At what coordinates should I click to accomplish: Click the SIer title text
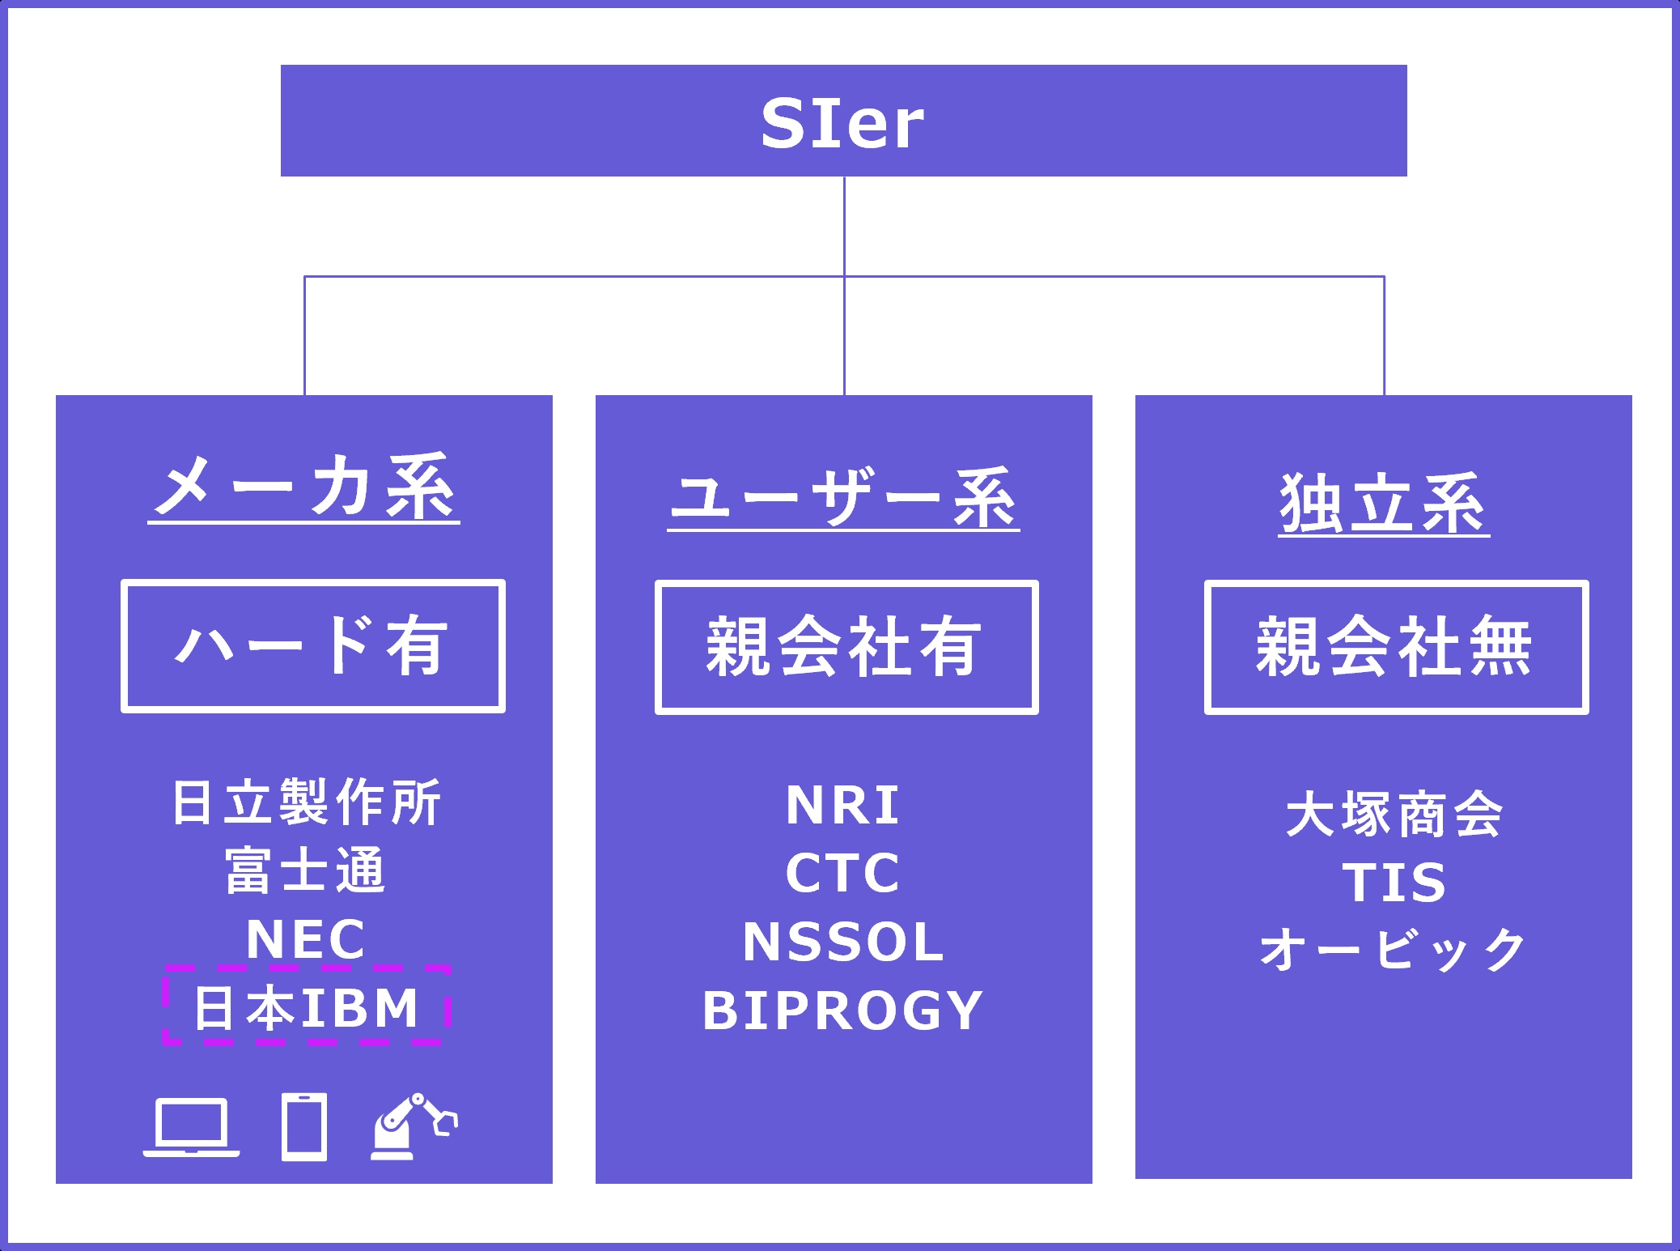click(842, 124)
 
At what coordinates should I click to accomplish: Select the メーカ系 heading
click(304, 487)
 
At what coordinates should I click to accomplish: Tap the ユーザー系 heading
click(843, 498)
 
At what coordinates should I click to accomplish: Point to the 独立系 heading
click(1384, 504)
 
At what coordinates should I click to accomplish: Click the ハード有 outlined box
click(313, 646)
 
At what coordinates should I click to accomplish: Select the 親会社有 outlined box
click(846, 647)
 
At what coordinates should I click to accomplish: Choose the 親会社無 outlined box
click(1396, 647)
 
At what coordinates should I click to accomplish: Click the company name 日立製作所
click(306, 802)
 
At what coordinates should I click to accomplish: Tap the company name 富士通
click(306, 870)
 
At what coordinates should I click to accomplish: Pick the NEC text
click(306, 938)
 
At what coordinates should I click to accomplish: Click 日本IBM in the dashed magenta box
click(306, 1007)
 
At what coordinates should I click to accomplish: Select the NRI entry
click(842, 806)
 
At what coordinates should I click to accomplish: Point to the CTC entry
click(842, 873)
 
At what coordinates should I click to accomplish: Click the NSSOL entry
click(842, 942)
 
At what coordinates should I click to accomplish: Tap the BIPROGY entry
click(842, 1011)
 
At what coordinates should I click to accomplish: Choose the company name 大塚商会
click(1394, 815)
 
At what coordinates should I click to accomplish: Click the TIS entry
click(1394, 882)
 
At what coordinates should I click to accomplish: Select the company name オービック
click(1394, 949)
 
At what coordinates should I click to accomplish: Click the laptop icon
click(192, 1127)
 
